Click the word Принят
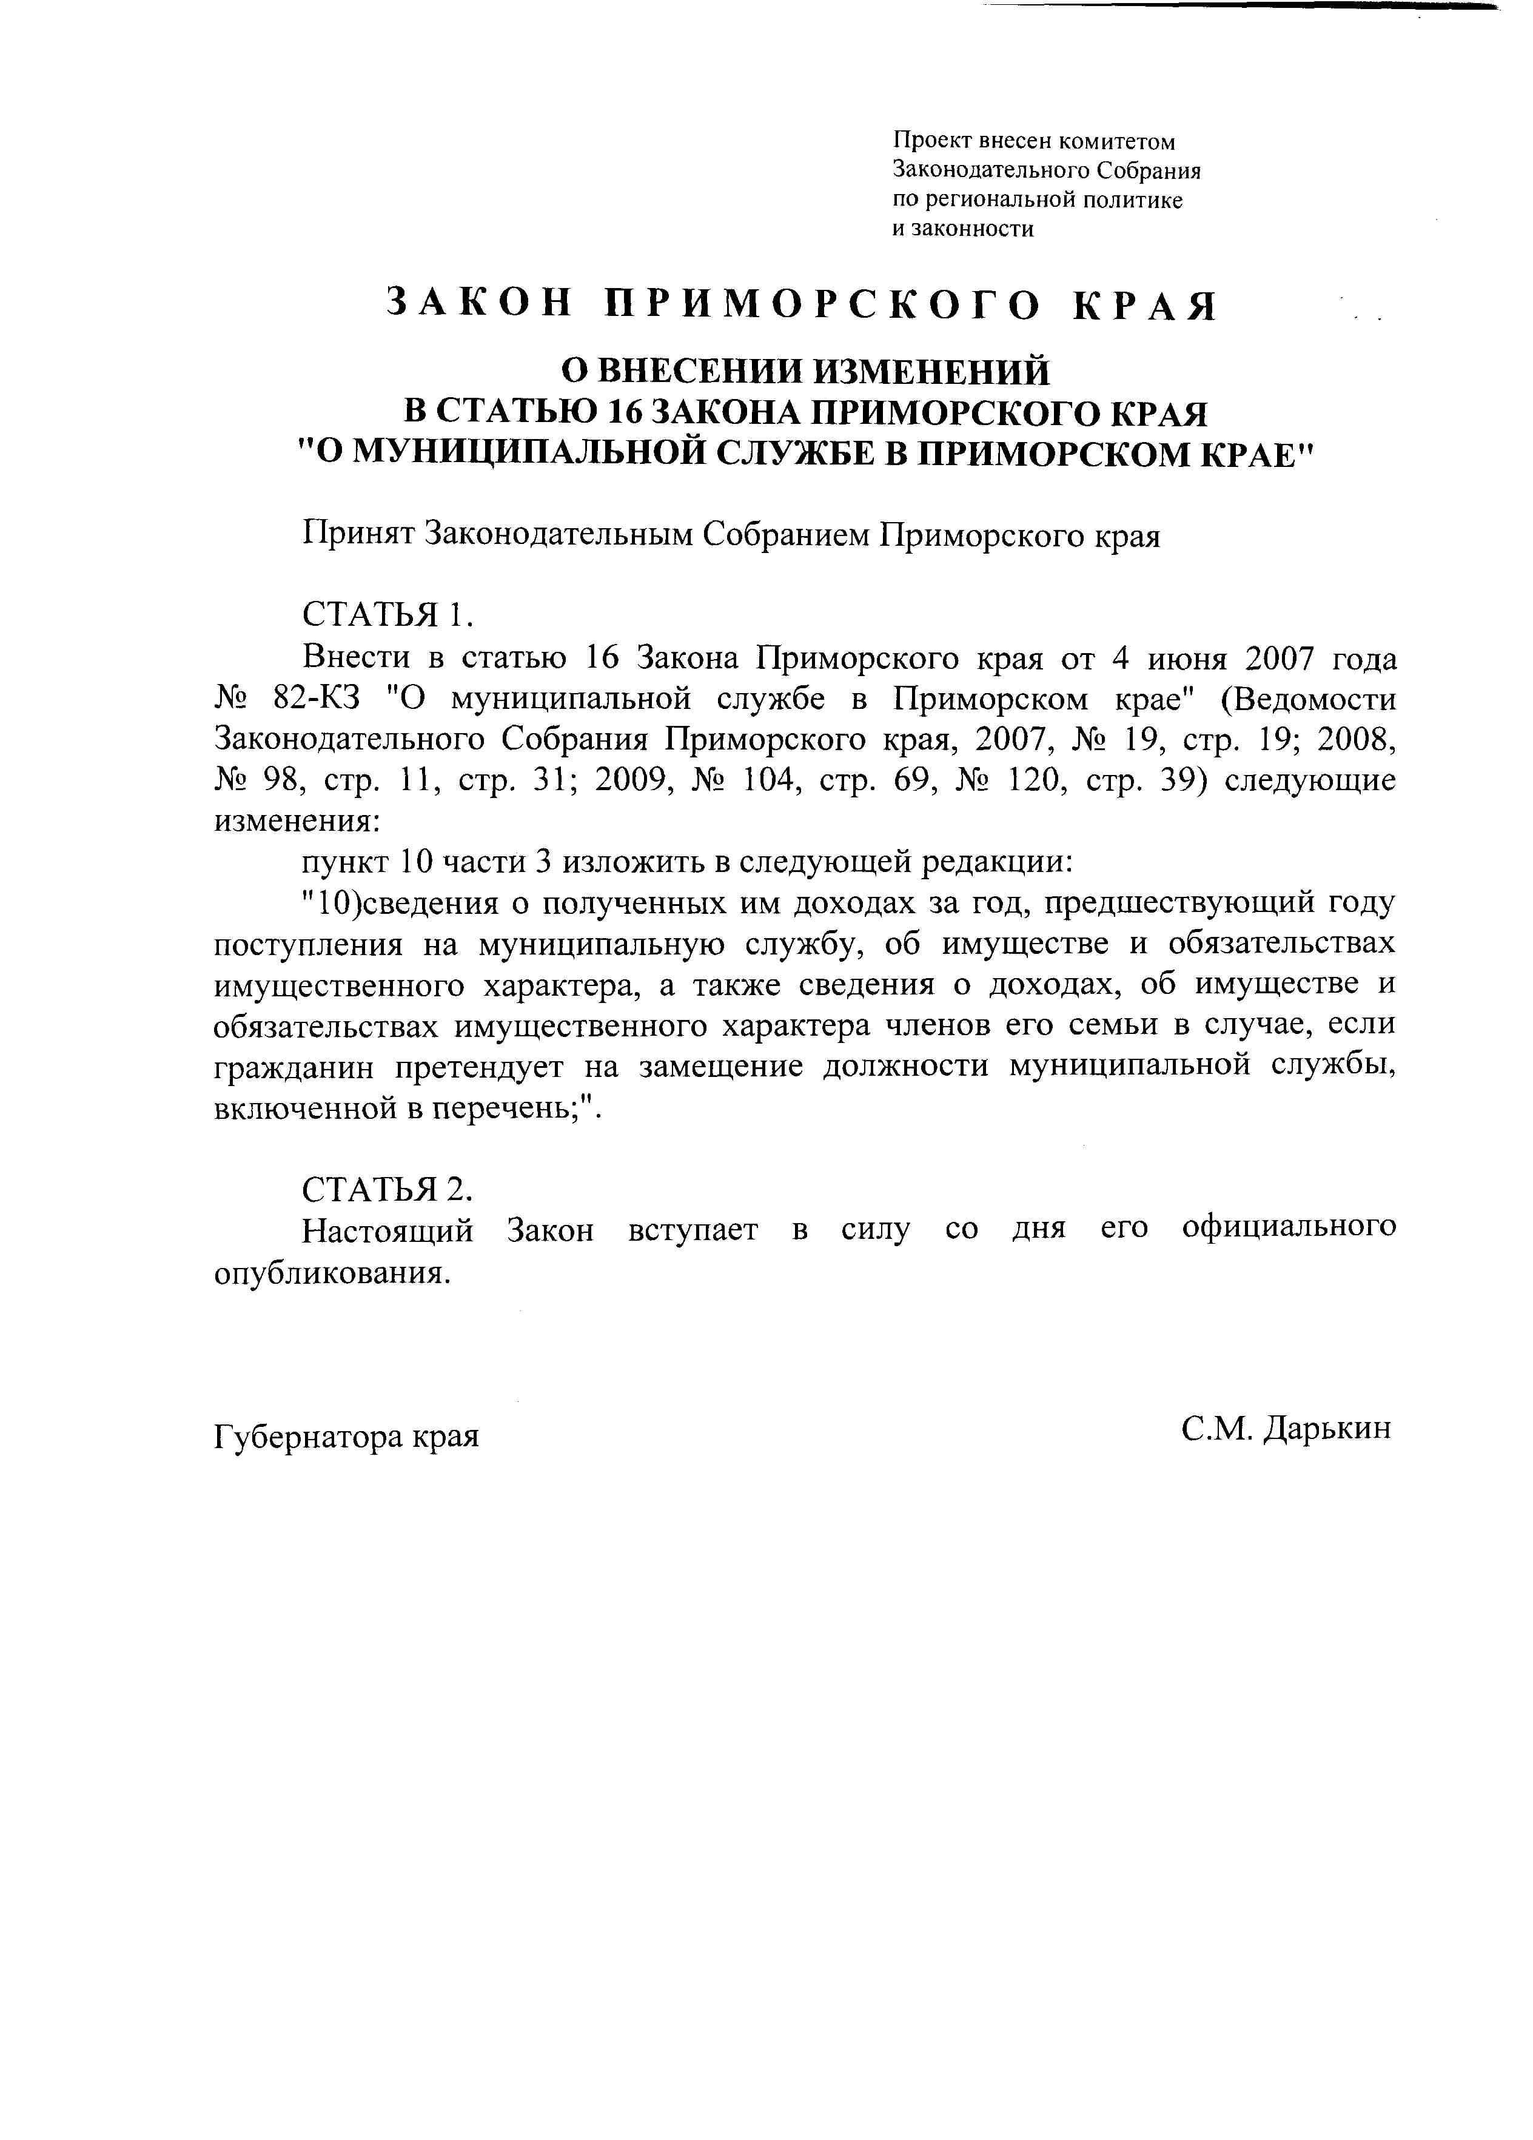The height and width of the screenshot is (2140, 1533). [x=358, y=536]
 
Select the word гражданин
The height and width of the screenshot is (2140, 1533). [x=294, y=1068]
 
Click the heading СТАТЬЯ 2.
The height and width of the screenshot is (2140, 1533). [x=386, y=1190]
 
